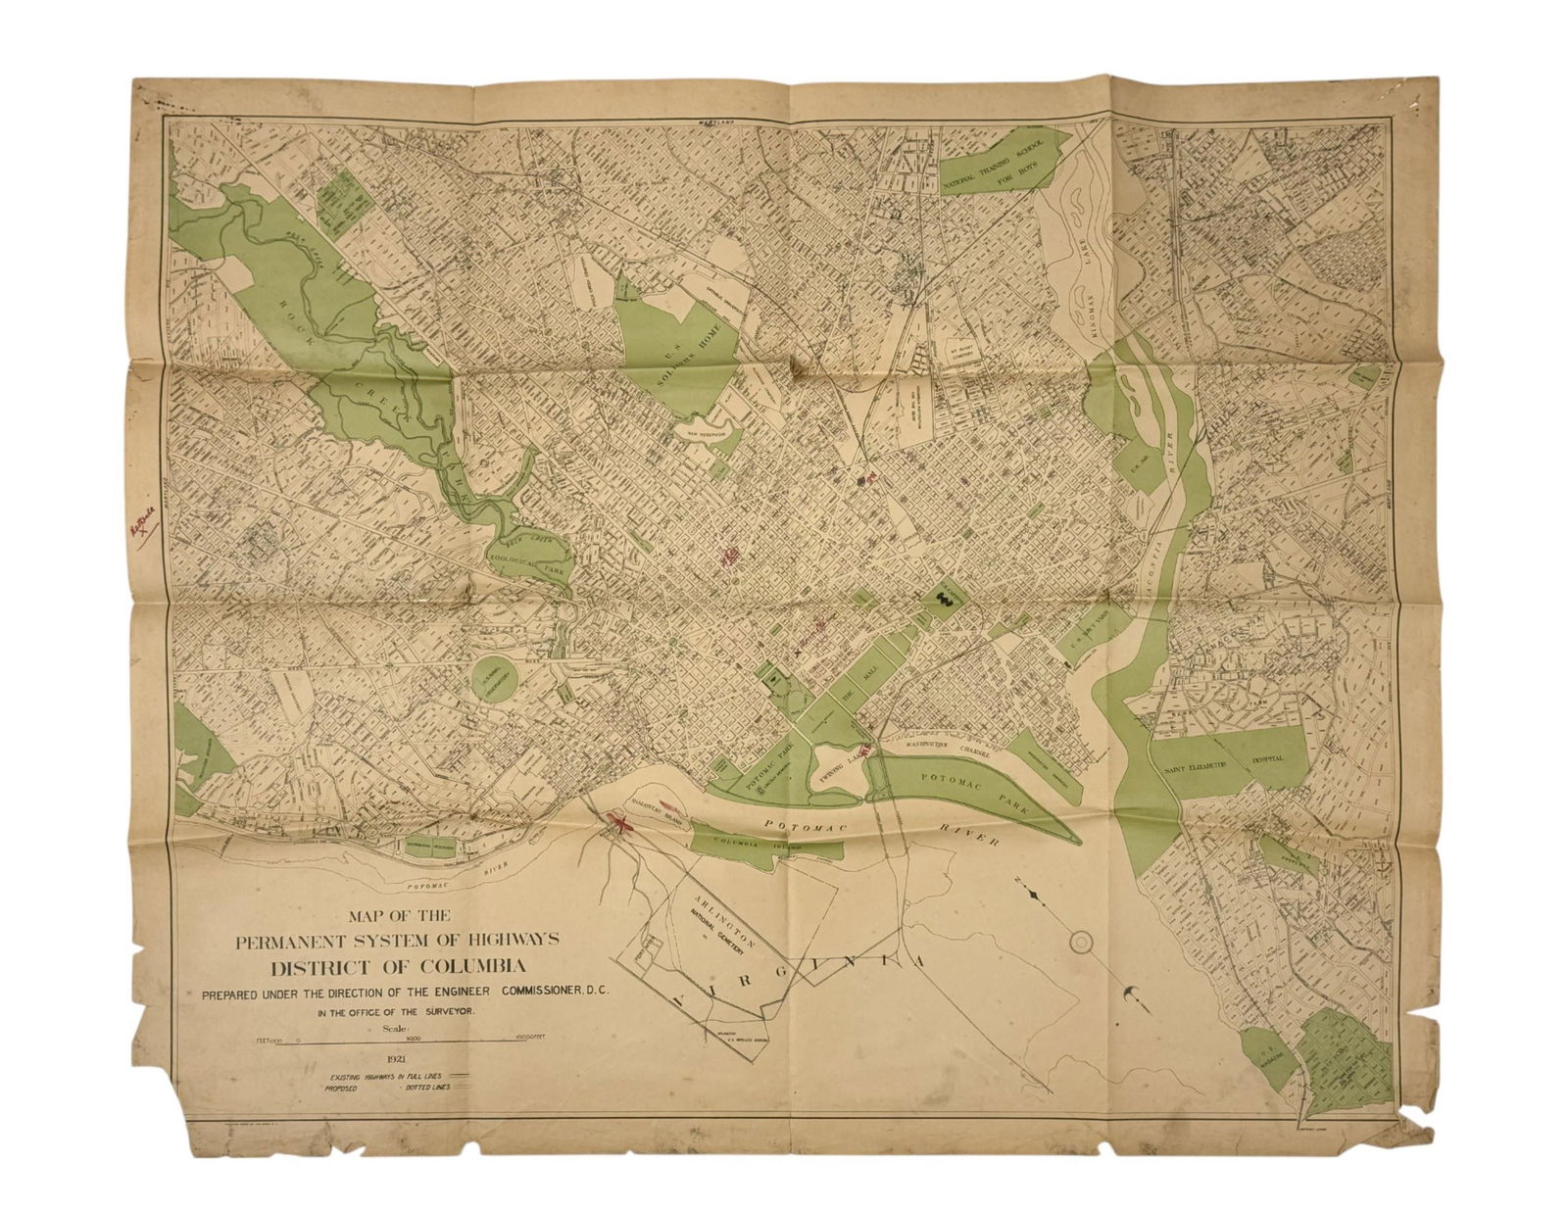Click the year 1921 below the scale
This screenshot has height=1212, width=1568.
click(x=398, y=1058)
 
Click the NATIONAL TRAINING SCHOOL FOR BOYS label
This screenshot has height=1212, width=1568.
click(x=1002, y=164)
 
